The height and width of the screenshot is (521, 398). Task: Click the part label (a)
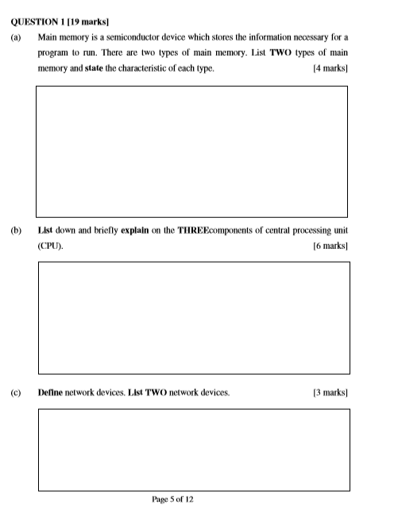click(16, 37)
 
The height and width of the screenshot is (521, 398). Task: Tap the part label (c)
click(16, 393)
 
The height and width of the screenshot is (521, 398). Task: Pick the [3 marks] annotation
click(330, 393)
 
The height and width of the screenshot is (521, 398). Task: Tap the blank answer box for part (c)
click(194, 449)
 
